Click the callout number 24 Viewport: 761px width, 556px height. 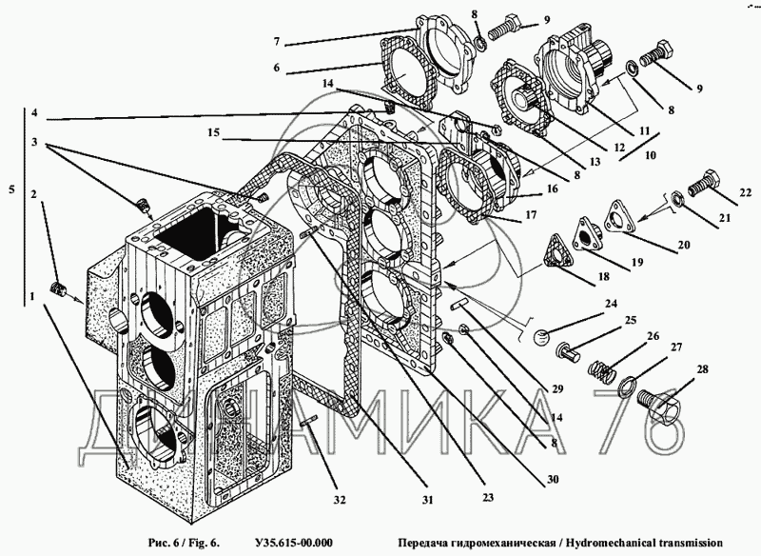tap(611, 304)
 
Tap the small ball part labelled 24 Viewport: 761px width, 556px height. tap(541, 337)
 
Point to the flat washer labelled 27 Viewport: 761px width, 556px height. tap(630, 384)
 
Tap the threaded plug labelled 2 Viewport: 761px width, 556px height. tap(59, 289)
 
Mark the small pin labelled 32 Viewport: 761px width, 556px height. tap(307, 421)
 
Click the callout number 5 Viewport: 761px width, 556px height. tap(11, 189)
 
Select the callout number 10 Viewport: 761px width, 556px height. tap(650, 155)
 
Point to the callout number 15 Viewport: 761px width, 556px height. tap(214, 133)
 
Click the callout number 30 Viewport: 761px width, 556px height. tap(553, 479)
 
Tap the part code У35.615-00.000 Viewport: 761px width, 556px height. tap(293, 543)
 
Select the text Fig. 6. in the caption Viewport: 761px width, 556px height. tap(202, 543)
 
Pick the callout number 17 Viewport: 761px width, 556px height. tap(531, 214)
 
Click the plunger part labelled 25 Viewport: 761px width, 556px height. tap(569, 351)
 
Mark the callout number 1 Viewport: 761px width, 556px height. tap(32, 296)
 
